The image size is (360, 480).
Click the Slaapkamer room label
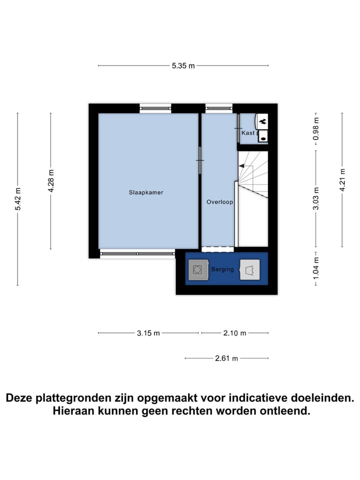tap(146, 192)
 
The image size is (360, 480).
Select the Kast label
tap(248, 133)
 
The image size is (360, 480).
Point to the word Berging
tap(222, 269)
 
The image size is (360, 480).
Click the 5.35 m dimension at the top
tap(183, 65)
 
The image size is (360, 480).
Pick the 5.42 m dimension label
tap(18, 199)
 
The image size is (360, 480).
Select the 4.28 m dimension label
tap(50, 181)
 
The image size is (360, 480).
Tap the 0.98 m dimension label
tap(315, 128)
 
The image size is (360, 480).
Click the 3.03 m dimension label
tap(315, 198)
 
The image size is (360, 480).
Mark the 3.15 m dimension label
tap(148, 333)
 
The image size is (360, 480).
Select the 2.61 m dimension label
tap(226, 358)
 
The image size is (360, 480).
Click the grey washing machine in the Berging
tap(198, 270)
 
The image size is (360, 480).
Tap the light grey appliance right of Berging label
tap(249, 270)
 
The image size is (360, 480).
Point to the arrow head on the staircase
tap(241, 166)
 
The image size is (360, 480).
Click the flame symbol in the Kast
tap(262, 120)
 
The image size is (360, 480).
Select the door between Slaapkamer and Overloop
tap(200, 160)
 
